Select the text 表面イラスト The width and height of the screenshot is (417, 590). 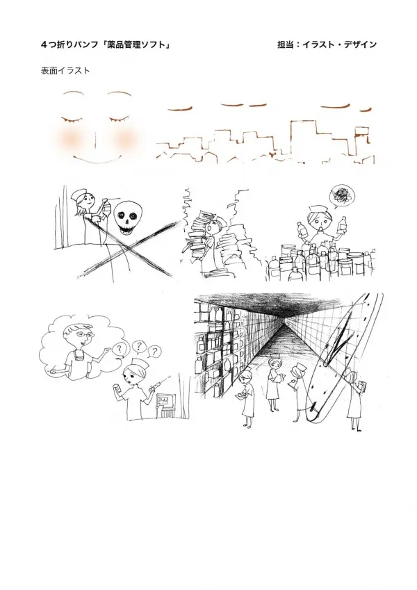(x=65, y=71)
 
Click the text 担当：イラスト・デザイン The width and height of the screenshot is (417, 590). (x=327, y=44)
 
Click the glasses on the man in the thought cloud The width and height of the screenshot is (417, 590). (x=83, y=334)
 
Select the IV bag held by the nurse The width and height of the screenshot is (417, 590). (x=107, y=207)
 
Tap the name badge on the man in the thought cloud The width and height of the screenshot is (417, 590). (x=78, y=355)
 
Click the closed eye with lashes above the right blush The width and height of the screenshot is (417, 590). (x=120, y=120)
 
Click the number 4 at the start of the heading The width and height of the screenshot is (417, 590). (x=44, y=44)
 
